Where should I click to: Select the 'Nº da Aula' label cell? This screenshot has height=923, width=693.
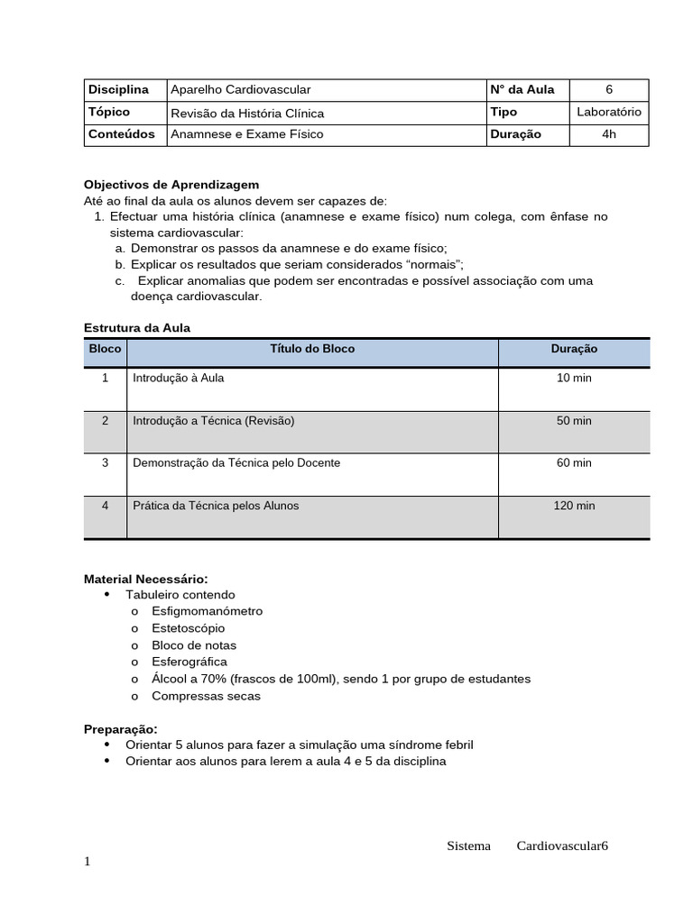[x=522, y=89]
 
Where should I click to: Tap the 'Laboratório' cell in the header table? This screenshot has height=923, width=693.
[x=609, y=112]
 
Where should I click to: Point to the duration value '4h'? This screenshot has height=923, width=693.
[x=609, y=134]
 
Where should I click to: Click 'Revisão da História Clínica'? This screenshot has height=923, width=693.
[x=247, y=113]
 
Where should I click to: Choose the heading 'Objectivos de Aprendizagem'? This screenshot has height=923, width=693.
[x=171, y=184]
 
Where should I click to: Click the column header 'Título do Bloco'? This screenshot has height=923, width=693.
[x=312, y=349]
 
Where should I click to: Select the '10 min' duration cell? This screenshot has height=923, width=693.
[x=574, y=378]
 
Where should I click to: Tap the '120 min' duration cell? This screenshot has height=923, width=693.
[x=574, y=506]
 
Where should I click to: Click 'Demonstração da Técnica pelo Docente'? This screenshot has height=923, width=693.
[x=236, y=462]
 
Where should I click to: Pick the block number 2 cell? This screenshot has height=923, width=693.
[x=106, y=421]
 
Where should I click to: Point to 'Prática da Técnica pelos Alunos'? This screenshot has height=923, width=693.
[x=216, y=506]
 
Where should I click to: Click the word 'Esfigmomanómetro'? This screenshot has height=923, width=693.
[x=208, y=611]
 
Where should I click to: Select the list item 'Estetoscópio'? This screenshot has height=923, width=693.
[x=189, y=628]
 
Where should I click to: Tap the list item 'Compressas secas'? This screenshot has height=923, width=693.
[x=206, y=696]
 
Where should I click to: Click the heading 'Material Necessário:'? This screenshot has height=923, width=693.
[x=146, y=579]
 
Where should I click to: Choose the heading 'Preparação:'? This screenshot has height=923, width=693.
[x=121, y=728]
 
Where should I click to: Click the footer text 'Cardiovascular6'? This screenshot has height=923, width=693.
[x=563, y=845]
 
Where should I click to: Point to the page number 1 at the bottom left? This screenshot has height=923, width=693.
[x=88, y=862]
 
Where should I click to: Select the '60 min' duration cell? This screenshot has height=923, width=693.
[x=574, y=462]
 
